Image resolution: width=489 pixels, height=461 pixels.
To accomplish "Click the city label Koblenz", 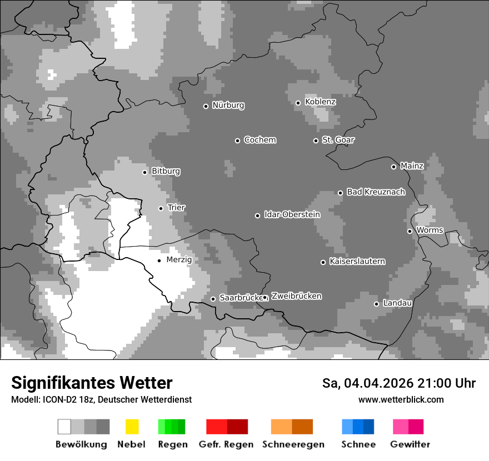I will pyautogui.click(x=320, y=102).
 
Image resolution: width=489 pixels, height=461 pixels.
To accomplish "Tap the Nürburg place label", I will pyautogui.click(x=228, y=105).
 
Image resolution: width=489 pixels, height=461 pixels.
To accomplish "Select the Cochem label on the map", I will pyautogui.click(x=260, y=140).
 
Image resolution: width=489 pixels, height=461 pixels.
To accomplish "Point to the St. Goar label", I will pyautogui.click(x=338, y=140).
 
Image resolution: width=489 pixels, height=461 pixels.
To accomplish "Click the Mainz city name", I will pyautogui.click(x=412, y=166).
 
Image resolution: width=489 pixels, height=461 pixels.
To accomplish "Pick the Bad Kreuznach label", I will pyautogui.click(x=376, y=192).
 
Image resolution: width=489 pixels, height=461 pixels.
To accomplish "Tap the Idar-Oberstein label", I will pyautogui.click(x=292, y=214).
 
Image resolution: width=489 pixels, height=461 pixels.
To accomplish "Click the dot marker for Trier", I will pyautogui.click(x=161, y=208).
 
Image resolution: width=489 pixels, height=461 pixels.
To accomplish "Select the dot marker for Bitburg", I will pyautogui.click(x=145, y=172).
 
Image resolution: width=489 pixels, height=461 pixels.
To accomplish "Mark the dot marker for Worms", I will pyautogui.click(x=410, y=231).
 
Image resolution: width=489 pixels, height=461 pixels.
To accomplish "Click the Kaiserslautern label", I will pyautogui.click(x=357, y=261).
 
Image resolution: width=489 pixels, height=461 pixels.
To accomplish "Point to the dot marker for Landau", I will pyautogui.click(x=377, y=304).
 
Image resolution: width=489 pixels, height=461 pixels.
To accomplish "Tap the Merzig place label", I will pyautogui.click(x=179, y=259).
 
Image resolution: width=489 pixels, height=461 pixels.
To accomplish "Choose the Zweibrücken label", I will pyautogui.click(x=296, y=296).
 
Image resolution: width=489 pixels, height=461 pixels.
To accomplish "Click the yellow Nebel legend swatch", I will pyautogui.click(x=132, y=427).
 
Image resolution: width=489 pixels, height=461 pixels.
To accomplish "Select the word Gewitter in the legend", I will pyautogui.click(x=410, y=444).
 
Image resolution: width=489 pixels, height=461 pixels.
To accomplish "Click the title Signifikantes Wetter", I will pyautogui.click(x=92, y=383).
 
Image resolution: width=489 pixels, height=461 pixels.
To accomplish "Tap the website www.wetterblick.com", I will pyautogui.click(x=401, y=399).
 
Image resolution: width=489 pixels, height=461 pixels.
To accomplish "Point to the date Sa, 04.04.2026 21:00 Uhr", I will pyautogui.click(x=398, y=383).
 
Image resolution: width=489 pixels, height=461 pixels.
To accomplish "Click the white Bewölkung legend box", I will pyautogui.click(x=64, y=427).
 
